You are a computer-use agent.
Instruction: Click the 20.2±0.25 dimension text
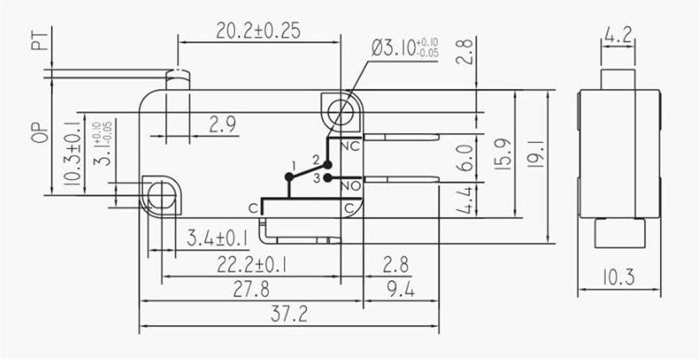click(258, 31)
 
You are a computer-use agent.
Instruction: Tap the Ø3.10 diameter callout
click(405, 48)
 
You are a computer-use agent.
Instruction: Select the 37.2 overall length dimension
click(289, 314)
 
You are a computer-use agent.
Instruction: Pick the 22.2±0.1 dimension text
click(252, 265)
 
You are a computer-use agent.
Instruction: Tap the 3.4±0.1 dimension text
click(218, 238)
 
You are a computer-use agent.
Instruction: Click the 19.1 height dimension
click(535, 153)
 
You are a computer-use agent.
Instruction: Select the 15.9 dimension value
click(503, 153)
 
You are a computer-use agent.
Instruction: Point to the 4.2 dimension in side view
click(618, 35)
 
